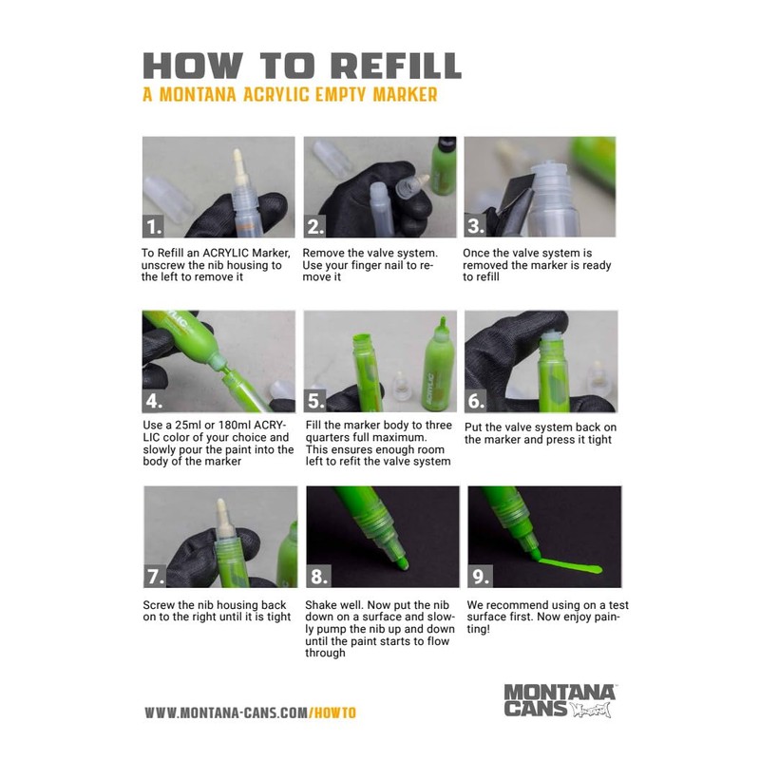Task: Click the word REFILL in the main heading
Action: (x=398, y=66)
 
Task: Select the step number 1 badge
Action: (x=154, y=226)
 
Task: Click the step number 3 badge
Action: (x=476, y=226)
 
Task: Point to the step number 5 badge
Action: (x=315, y=401)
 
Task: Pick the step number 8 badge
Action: (x=318, y=577)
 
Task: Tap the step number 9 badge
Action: (x=480, y=577)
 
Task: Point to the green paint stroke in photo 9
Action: (x=569, y=565)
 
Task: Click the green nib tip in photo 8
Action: (x=402, y=563)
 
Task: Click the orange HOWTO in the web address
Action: (x=333, y=713)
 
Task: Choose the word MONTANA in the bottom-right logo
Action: (x=560, y=692)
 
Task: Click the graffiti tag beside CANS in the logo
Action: (x=590, y=710)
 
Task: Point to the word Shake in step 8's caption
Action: (x=320, y=605)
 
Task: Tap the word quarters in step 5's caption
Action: (x=325, y=438)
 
